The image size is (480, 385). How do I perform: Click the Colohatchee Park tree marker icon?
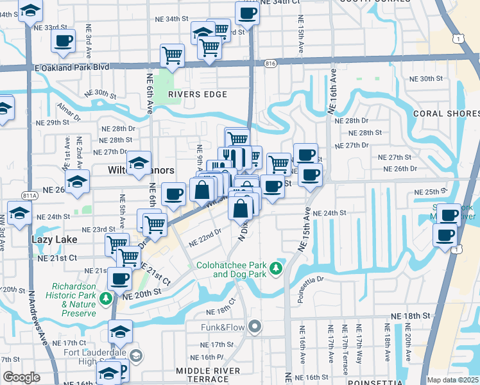(x=277, y=268)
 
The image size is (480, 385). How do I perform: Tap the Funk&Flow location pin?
(x=255, y=327)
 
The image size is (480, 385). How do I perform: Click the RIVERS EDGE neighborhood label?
(x=198, y=94)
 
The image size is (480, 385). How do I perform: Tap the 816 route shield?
(x=270, y=63)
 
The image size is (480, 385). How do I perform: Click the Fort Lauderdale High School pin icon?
(x=135, y=355)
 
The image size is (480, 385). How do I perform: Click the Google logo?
(x=21, y=377)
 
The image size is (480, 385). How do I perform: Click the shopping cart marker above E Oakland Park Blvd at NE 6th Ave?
(x=172, y=56)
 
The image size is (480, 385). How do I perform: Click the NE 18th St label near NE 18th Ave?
(x=410, y=316)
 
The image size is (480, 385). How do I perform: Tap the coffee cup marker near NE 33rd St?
(x=63, y=41)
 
